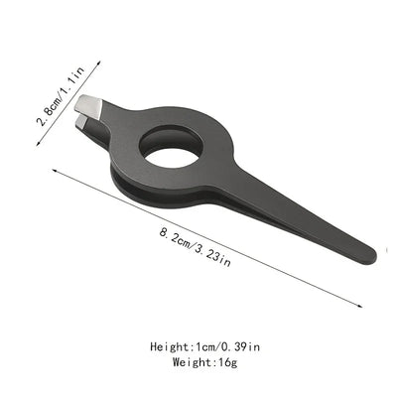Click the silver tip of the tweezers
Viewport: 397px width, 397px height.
[89, 103]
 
